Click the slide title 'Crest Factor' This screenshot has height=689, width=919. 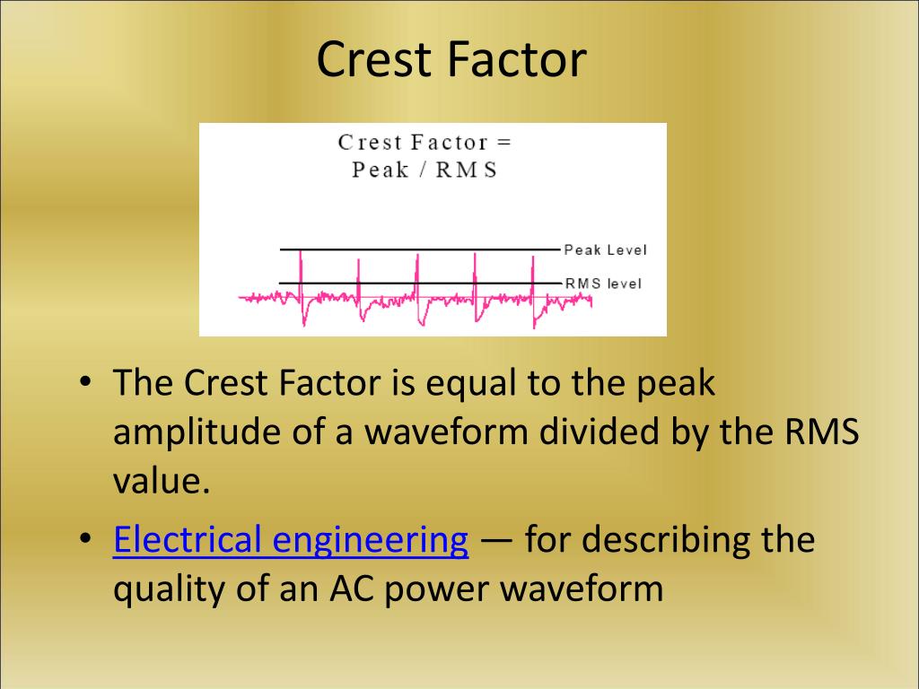451,59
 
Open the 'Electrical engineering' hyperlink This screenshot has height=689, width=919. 291,541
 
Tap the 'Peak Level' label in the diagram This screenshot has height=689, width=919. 605,249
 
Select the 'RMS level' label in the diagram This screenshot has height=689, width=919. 603,283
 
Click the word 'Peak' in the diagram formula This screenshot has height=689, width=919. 381,170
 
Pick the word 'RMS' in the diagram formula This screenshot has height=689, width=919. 466,170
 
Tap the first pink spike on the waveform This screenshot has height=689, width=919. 302,269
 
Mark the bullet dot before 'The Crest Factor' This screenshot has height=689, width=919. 84,384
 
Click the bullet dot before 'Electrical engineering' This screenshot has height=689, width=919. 84,541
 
